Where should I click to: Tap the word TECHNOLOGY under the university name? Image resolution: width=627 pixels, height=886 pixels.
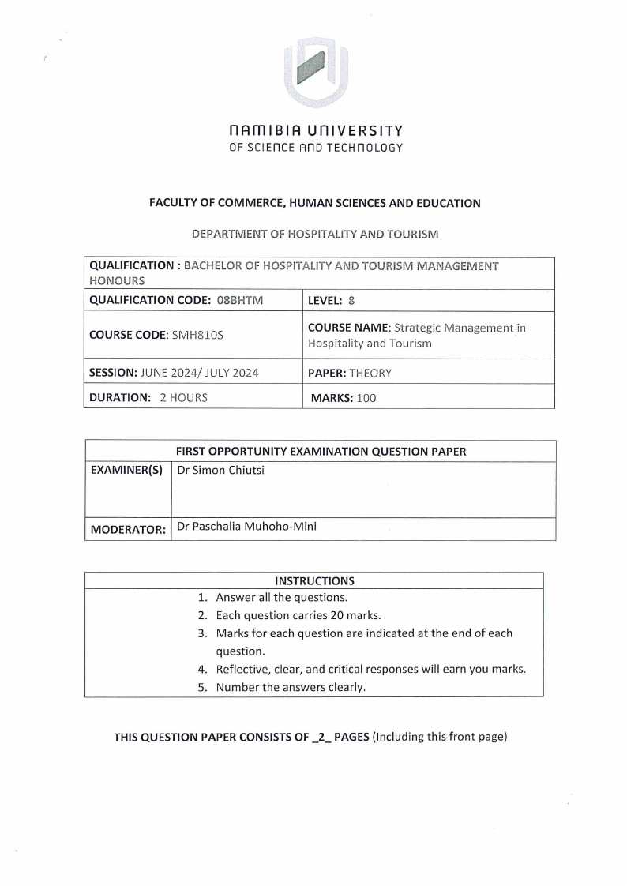pyautogui.click(x=365, y=148)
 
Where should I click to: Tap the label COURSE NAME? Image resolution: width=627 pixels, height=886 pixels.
pyautogui.click(x=348, y=328)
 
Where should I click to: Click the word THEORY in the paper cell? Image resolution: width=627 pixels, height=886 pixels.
pyautogui.click(x=370, y=373)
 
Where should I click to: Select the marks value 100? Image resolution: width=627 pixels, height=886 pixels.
pyautogui.click(x=366, y=398)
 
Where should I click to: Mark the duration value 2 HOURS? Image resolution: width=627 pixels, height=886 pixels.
pyautogui.click(x=183, y=398)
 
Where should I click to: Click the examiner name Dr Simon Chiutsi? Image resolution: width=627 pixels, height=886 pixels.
pyautogui.click(x=220, y=470)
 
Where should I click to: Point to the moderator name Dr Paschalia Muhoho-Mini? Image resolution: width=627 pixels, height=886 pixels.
pyautogui.click(x=247, y=525)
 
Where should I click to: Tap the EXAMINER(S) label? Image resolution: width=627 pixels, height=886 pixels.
pyautogui.click(x=126, y=471)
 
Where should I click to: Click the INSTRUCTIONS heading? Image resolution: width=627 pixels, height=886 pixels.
pyautogui.click(x=314, y=580)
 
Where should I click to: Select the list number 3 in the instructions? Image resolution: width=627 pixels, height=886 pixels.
pyautogui.click(x=202, y=633)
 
